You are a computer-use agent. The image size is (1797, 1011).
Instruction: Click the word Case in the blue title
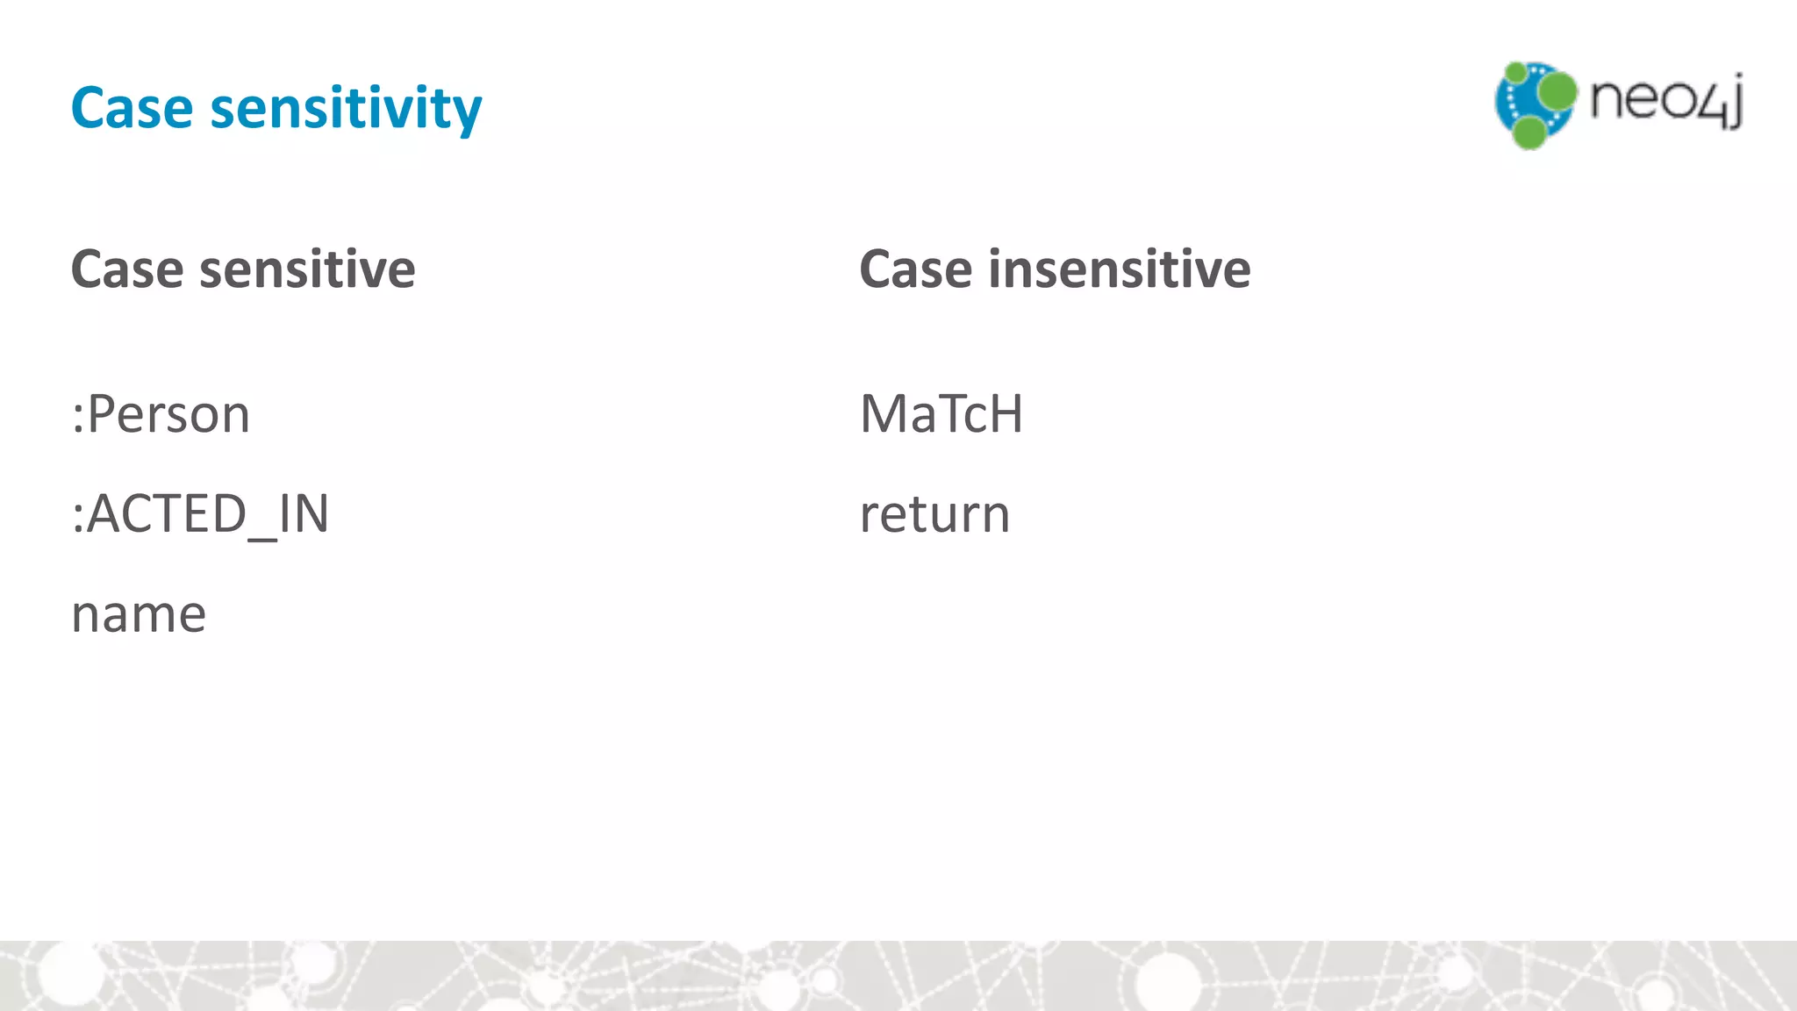click(x=132, y=108)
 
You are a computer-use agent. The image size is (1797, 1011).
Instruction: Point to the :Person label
click(x=161, y=414)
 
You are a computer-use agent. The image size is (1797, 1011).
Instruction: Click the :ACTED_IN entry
click(x=200, y=514)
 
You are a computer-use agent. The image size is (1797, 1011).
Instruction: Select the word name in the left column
click(x=139, y=614)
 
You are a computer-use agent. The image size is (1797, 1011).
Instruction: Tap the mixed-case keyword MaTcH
click(x=941, y=414)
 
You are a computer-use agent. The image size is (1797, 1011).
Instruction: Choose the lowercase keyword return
click(x=934, y=515)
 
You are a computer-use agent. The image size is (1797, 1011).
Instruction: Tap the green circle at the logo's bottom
click(x=1529, y=133)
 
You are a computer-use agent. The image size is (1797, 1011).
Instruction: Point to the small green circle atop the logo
click(x=1515, y=72)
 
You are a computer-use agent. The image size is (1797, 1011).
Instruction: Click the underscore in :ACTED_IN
click(x=262, y=537)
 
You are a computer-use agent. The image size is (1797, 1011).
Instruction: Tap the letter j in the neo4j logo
click(x=1732, y=104)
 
